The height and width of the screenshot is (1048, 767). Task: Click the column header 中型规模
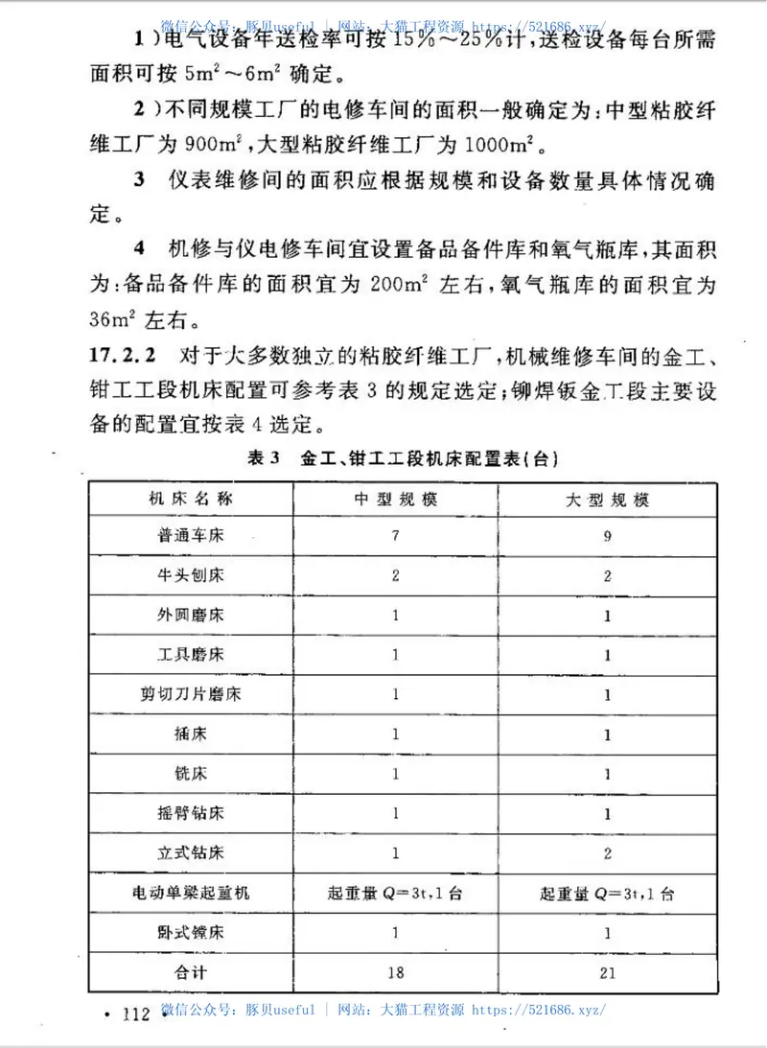[394, 500]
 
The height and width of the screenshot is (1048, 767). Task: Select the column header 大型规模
[607, 501]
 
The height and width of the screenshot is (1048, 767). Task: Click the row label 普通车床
[191, 536]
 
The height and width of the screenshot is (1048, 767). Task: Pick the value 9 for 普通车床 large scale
[607, 537]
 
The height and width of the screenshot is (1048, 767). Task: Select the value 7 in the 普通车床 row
[394, 536]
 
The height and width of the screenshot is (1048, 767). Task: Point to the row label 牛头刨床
[191, 576]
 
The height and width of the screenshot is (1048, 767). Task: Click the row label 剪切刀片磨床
[191, 694]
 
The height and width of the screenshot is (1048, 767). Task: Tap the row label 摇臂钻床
[191, 813]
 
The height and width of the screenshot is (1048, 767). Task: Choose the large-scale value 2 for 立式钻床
[607, 852]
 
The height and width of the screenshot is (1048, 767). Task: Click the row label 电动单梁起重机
[191, 892]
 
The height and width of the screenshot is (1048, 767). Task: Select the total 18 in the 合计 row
[394, 971]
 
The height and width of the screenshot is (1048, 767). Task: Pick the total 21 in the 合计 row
[607, 972]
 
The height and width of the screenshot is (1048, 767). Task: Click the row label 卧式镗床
[191, 931]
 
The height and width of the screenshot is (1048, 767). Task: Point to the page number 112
[131, 1013]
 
